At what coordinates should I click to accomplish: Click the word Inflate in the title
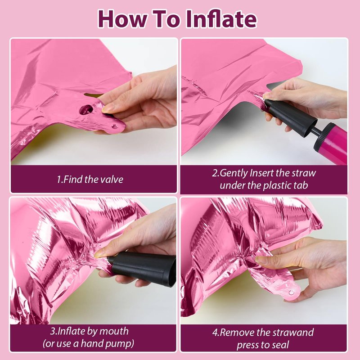point(221,19)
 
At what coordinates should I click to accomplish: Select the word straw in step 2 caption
point(304,173)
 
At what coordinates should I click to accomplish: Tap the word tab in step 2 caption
point(301,185)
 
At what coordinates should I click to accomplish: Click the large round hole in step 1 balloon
point(86,109)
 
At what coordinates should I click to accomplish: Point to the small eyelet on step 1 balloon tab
point(114,126)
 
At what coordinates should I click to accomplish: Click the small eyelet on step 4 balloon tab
point(291,292)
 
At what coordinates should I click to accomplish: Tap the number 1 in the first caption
point(59,180)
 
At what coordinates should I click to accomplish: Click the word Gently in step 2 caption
point(234,173)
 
